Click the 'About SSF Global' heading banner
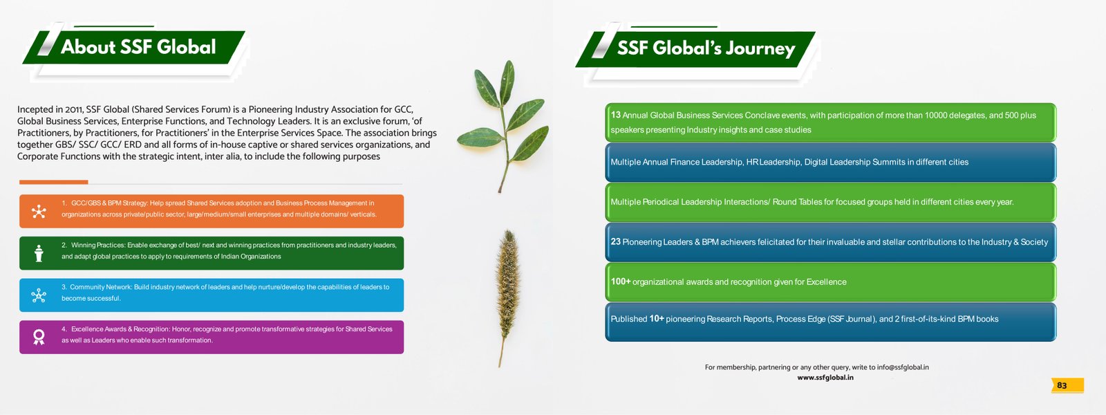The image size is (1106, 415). pos(134,48)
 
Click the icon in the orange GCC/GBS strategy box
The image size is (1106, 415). pos(39,212)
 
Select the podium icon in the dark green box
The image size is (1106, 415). pos(39,253)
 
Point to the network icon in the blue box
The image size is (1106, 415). pos(39,295)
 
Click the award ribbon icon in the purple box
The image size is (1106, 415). pos(39,337)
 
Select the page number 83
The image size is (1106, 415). pos(1062,385)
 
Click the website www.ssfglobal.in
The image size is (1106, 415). pos(825,378)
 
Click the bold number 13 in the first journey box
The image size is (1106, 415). pos(615,115)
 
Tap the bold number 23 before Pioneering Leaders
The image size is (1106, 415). pos(615,241)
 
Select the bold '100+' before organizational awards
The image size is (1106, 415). pos(621,281)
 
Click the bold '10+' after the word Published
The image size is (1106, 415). pos(657,319)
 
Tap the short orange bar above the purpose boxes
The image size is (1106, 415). pos(53,182)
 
